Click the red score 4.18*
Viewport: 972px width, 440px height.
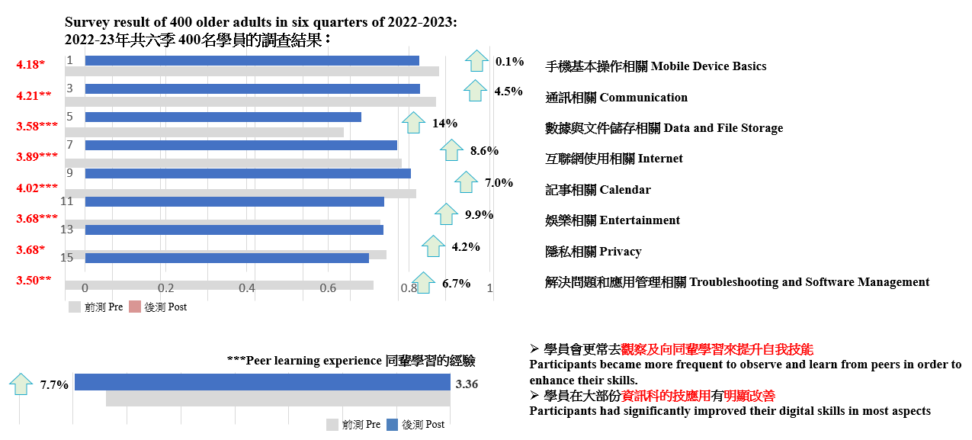point(30,65)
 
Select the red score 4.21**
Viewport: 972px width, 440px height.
point(34,95)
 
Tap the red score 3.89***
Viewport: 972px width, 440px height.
point(37,157)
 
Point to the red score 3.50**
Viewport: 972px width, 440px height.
point(34,281)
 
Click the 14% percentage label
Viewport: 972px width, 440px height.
point(444,124)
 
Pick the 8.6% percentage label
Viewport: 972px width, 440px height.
point(484,151)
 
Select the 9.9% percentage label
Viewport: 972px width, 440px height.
point(479,215)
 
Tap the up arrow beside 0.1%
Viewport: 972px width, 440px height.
point(477,60)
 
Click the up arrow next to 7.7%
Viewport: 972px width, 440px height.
point(21,384)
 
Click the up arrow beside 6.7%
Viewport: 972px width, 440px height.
point(424,283)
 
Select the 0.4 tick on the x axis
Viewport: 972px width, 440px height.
point(247,288)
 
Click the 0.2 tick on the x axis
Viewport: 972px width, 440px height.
point(166,288)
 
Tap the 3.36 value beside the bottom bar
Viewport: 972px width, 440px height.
point(467,384)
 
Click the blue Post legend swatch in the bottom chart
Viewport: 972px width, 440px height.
point(392,425)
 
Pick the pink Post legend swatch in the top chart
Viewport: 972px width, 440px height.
point(135,307)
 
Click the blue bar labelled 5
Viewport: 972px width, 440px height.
point(223,117)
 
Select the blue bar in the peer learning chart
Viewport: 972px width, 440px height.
point(262,382)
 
